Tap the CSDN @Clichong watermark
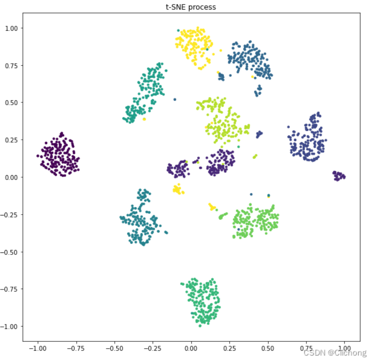click(333, 353)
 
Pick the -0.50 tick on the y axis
click(10, 252)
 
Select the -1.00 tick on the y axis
click(10, 326)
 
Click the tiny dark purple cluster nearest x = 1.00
click(339, 176)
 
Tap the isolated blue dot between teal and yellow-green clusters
click(175, 99)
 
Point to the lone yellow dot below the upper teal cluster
click(144, 119)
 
